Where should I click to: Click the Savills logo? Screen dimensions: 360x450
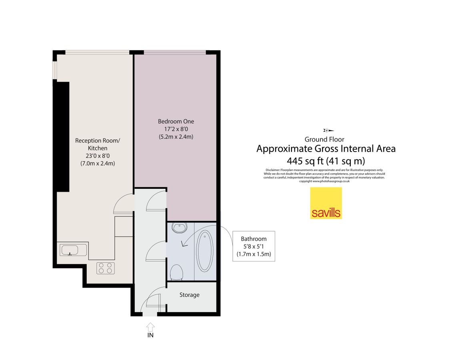click(x=326, y=203)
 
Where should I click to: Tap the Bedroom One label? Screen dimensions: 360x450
click(x=176, y=121)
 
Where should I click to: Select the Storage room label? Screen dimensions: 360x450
click(x=189, y=295)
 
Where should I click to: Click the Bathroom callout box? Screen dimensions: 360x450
click(x=254, y=246)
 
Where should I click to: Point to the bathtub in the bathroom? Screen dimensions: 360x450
click(x=205, y=251)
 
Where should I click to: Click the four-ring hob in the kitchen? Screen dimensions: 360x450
click(x=106, y=268)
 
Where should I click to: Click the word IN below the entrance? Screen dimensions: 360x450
click(x=150, y=335)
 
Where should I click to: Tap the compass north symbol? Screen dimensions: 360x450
click(x=328, y=130)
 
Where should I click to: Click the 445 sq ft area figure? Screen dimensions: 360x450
click(x=306, y=161)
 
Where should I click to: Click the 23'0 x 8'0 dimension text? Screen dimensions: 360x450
click(x=98, y=156)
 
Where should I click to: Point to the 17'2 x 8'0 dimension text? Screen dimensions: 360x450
click(x=176, y=129)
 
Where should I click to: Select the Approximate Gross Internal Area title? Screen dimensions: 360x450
click(x=326, y=149)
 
